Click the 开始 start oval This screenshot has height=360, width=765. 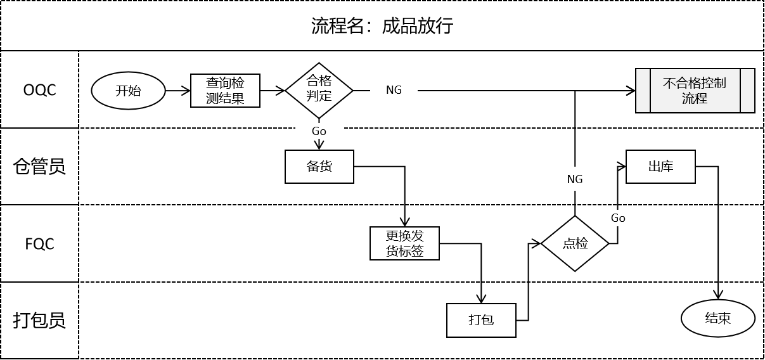pos(129,91)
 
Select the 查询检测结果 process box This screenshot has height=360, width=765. pos(225,91)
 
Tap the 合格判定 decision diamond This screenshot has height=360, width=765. pos(319,91)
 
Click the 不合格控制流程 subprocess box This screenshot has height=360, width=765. pos(695,91)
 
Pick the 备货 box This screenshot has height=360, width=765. pos(319,167)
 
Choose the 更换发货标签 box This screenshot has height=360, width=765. pos(404,243)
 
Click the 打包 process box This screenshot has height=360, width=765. pos(481,320)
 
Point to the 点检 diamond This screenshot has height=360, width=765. pos(575,243)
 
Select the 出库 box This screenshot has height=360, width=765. pos(660,167)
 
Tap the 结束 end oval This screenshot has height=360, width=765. pos(717,318)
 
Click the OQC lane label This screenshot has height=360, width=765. pos(39,90)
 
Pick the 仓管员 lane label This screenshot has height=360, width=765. pos(39,167)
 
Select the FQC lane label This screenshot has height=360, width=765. pos(39,243)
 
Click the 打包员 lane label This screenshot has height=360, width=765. pos(39,320)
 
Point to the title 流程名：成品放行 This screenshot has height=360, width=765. pos(382,26)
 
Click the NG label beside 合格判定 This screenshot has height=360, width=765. pos(394,90)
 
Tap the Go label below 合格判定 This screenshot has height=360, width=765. pos(319,131)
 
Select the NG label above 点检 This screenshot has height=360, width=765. pos(575,179)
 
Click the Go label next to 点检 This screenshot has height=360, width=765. pos(618,218)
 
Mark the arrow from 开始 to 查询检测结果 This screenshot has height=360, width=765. pos(178,91)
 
